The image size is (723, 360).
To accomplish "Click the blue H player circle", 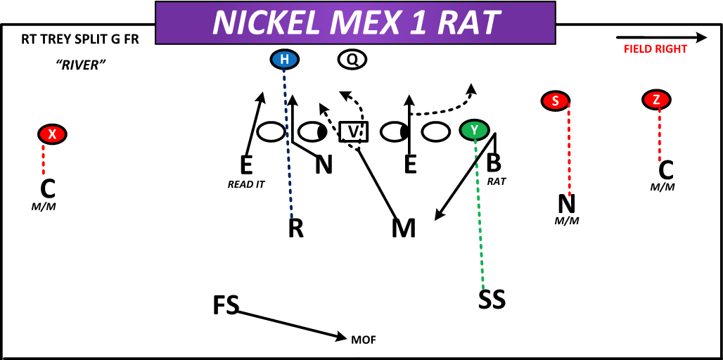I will coord(284,60).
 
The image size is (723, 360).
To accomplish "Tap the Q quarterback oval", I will coord(352,60).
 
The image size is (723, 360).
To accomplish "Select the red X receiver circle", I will coord(51,134).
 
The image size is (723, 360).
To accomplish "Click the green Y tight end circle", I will coord(475,130).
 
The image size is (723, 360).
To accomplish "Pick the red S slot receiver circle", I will coord(556,101).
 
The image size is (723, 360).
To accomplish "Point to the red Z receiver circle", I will coord(656,100).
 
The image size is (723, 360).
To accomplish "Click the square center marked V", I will coord(354,131).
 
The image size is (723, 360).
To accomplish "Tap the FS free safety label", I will coord(226,306).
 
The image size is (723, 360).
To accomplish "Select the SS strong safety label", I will coord(492,300).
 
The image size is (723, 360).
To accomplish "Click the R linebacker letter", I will coord(296,229).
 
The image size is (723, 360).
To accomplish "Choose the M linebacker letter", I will coord(404,229).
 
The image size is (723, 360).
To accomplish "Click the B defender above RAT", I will coord(494,163).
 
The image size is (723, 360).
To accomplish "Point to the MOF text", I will coord(364,340).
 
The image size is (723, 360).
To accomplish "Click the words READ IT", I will coord(246,185).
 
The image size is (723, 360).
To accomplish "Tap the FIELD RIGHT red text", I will coord(655,49).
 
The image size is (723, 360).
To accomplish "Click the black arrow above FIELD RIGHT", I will coord(661,37).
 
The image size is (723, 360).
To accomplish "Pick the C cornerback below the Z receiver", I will coord(665,169).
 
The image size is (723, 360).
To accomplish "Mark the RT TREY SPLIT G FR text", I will coord(80,39).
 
